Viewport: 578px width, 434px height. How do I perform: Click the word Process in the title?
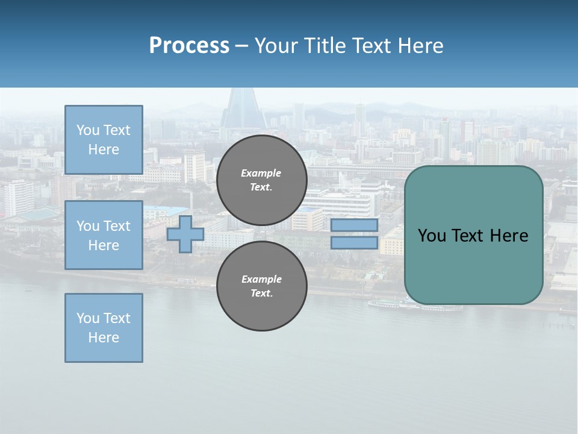(x=189, y=46)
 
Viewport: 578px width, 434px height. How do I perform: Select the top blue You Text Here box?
(x=104, y=140)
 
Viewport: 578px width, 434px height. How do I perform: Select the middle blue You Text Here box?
(x=104, y=235)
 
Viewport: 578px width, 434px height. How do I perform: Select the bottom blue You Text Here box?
(x=104, y=328)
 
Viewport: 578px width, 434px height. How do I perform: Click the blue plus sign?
(x=185, y=234)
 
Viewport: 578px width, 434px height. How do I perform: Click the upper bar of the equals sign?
(x=354, y=225)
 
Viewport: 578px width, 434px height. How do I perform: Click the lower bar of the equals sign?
(x=354, y=243)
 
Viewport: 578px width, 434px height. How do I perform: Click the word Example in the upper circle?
(x=261, y=173)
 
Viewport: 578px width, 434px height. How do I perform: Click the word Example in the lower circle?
(x=261, y=279)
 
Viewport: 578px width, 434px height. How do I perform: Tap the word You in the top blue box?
(x=87, y=130)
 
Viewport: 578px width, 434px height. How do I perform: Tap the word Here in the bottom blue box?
(x=104, y=338)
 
